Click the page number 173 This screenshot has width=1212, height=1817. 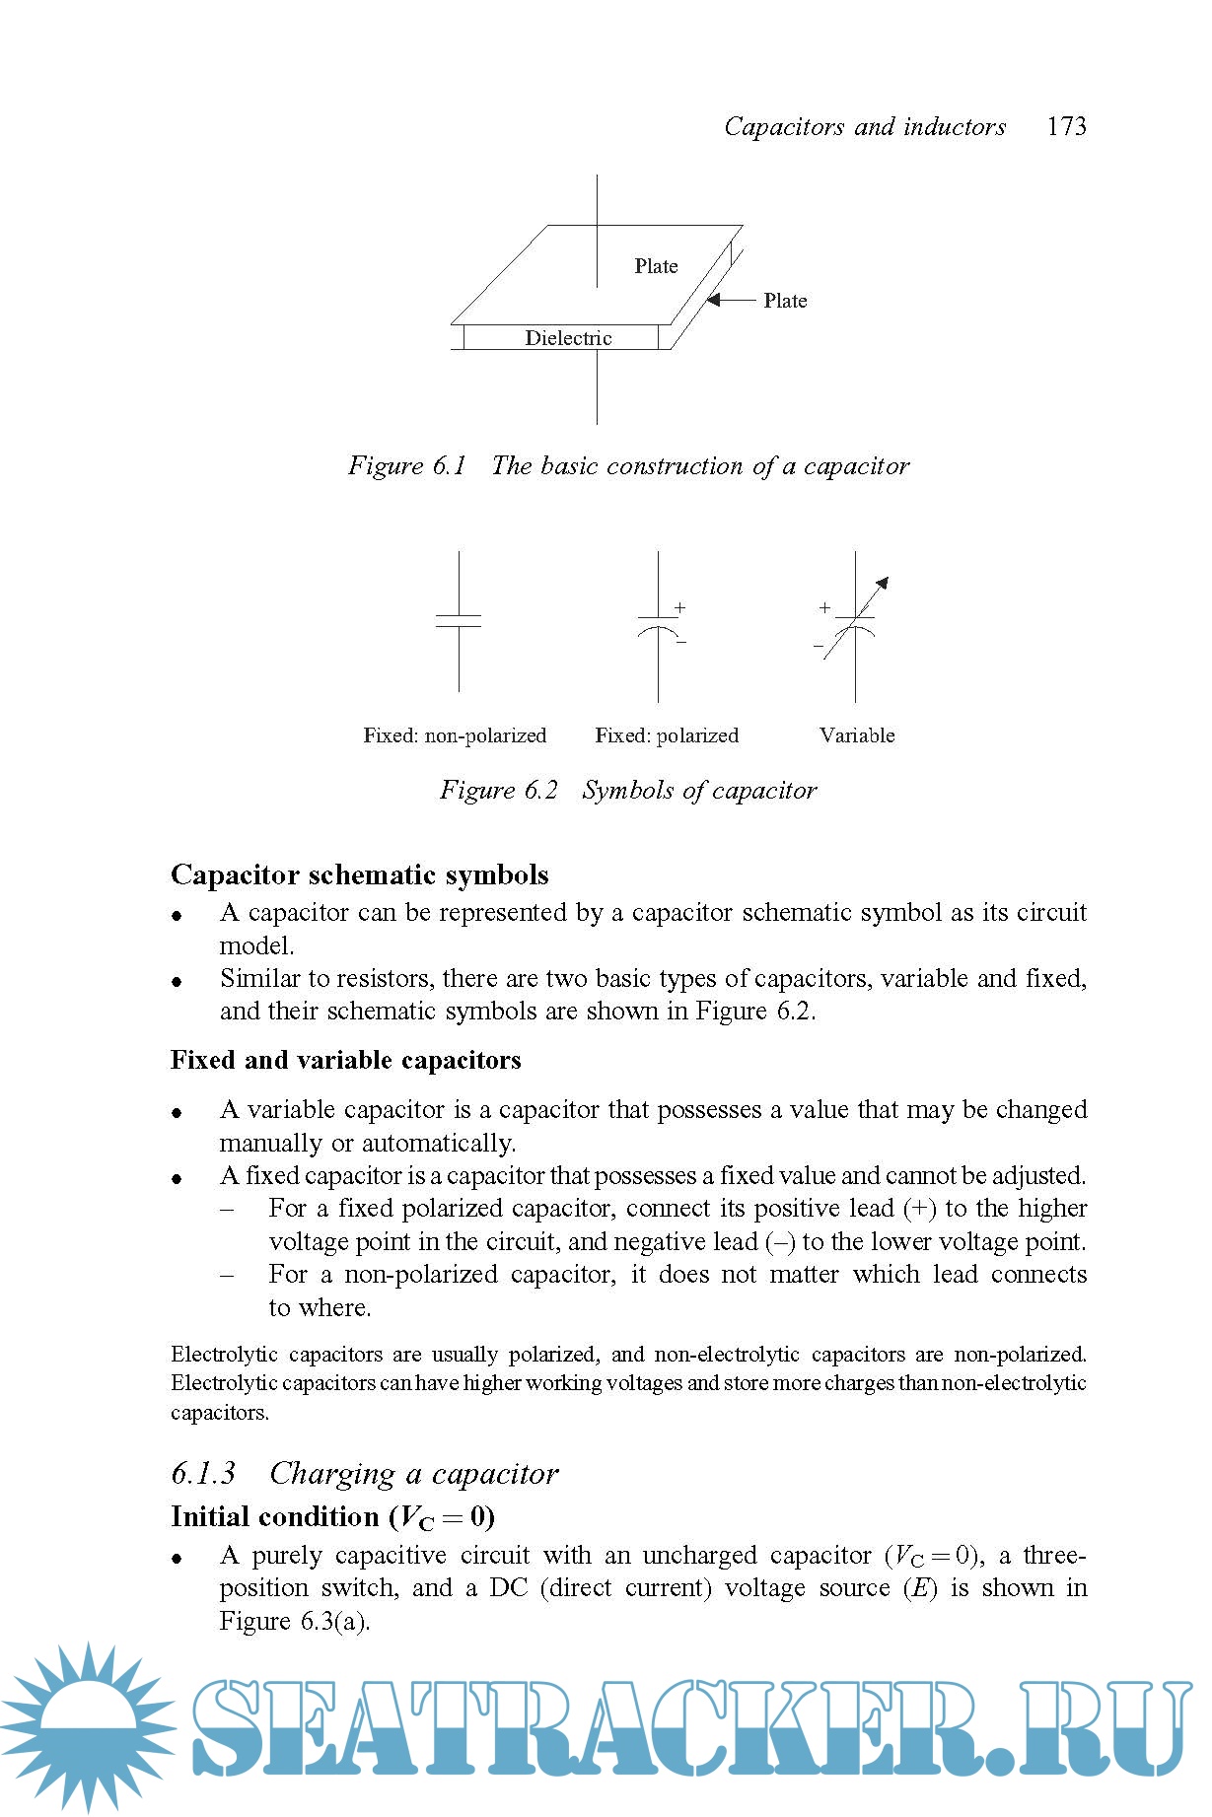(1066, 126)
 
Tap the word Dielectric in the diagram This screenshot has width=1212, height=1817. (568, 338)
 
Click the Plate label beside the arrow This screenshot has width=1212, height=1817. (785, 301)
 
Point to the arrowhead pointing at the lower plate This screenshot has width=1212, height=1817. (714, 300)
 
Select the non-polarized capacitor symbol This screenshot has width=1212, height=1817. (459, 621)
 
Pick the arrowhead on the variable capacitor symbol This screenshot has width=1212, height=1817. (883, 583)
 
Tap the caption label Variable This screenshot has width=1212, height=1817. (857, 735)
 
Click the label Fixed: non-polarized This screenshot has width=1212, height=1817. (455, 735)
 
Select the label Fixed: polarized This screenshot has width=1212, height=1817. (667, 735)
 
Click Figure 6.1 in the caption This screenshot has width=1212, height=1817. (406, 465)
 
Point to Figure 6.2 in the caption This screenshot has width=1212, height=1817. (498, 790)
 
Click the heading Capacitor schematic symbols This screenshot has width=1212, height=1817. (360, 874)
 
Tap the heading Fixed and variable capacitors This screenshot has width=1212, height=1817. (346, 1060)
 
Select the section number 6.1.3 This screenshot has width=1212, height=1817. (203, 1473)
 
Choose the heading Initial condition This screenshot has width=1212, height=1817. (275, 1516)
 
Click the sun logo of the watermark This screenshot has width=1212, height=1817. (89, 1725)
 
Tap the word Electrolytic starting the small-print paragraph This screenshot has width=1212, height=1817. (224, 1355)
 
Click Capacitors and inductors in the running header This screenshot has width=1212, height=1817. (865, 126)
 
